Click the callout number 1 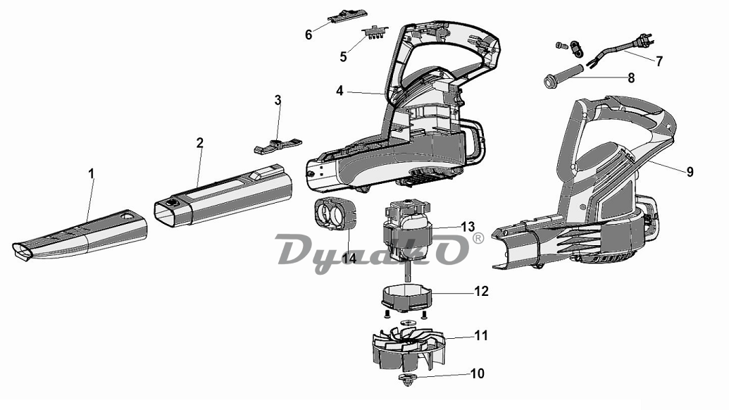click(91, 174)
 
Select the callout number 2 click(200, 143)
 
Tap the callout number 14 click(349, 258)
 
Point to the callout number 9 click(690, 172)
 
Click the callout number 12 click(481, 292)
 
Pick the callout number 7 click(659, 61)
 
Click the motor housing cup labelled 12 click(407, 297)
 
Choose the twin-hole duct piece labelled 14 click(335, 213)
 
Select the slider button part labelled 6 click(345, 17)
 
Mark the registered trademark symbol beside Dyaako click(478, 239)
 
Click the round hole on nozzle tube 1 click(127, 216)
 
